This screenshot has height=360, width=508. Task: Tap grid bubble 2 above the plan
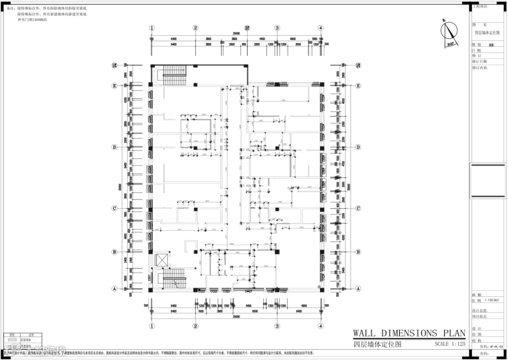tap(195, 28)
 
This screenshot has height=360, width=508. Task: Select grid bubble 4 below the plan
tap(320, 326)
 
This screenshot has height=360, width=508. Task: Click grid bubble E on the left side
tap(114, 86)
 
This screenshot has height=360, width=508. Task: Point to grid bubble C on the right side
tap(358, 208)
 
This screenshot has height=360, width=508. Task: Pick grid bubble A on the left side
tap(114, 288)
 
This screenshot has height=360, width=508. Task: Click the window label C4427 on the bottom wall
tap(249, 292)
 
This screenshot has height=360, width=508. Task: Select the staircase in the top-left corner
tap(175, 74)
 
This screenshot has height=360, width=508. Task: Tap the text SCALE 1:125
tap(450, 344)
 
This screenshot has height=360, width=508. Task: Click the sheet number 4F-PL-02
tap(496, 346)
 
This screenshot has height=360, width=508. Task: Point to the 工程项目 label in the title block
tap(480, 7)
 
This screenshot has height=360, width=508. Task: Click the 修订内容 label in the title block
tap(480, 68)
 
